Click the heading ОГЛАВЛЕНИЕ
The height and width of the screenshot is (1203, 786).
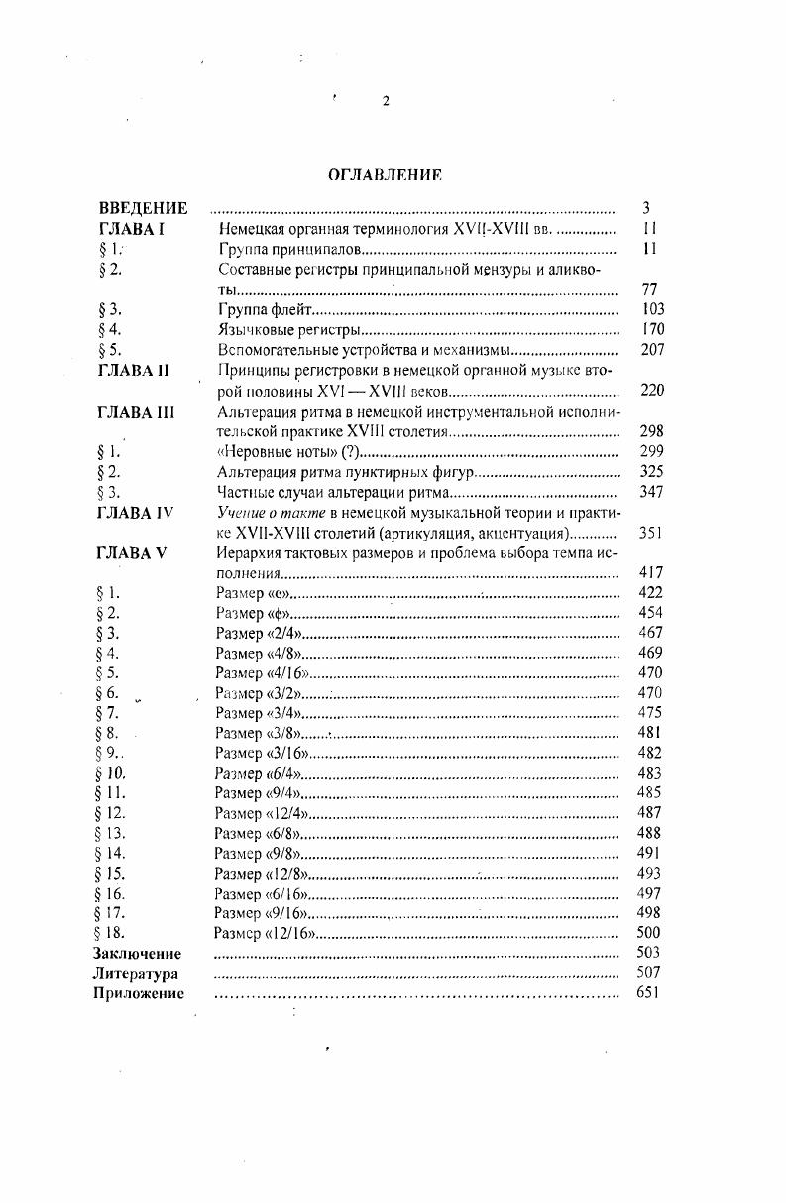pos(385,175)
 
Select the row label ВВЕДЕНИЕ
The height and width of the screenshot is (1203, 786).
pos(143,208)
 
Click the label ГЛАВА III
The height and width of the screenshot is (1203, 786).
pos(137,412)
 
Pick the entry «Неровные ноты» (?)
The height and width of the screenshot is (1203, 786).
pos(279,451)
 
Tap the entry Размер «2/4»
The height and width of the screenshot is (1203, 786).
pos(259,633)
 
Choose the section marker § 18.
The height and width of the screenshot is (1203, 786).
pos(111,932)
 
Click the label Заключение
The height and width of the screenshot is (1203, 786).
pos(138,953)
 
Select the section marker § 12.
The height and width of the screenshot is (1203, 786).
pos(111,812)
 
